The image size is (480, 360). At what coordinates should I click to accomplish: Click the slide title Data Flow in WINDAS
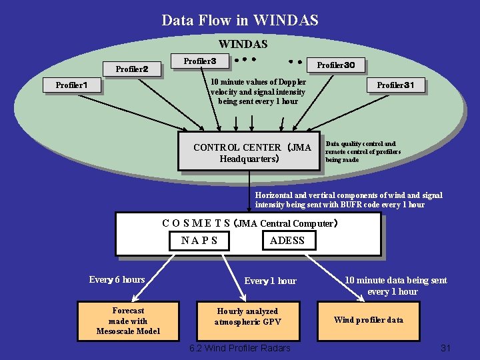[240, 20]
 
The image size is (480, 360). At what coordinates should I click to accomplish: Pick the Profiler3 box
[199, 61]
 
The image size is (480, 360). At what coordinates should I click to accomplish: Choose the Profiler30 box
[340, 65]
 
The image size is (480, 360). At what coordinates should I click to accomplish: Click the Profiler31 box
[395, 85]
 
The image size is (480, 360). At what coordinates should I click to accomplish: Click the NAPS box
[199, 240]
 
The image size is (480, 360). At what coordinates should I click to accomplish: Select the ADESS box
[287, 240]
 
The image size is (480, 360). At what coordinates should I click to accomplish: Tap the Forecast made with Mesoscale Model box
[128, 321]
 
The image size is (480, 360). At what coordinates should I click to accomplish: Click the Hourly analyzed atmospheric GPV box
[247, 316]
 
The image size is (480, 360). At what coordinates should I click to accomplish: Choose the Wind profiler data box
[368, 319]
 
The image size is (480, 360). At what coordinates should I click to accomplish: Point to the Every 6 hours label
[117, 280]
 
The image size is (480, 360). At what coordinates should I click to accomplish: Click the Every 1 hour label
[270, 281]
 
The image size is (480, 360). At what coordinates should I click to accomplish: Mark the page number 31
[446, 348]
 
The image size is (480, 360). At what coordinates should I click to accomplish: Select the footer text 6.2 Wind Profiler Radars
[239, 348]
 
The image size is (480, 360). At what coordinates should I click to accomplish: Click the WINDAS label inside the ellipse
[243, 45]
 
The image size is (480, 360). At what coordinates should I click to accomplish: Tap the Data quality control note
[362, 151]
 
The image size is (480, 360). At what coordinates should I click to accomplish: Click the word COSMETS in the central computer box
[196, 223]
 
